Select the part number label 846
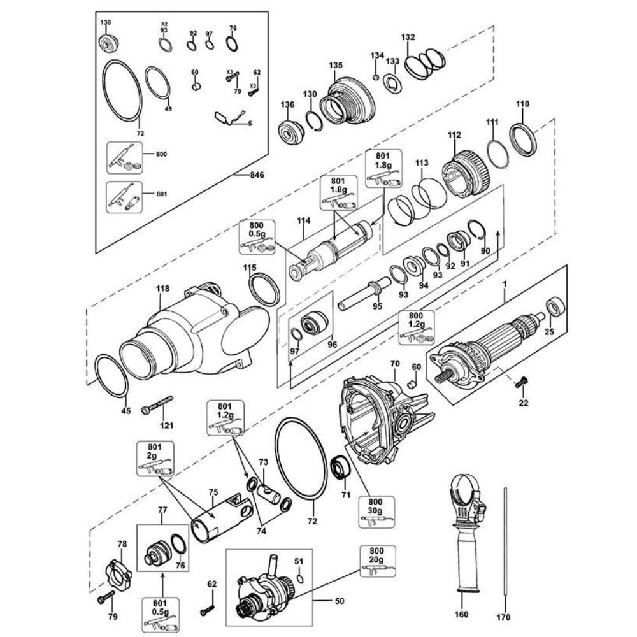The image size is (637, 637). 256,175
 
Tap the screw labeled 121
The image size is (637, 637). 157,405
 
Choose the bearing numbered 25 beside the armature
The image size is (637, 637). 555,307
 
